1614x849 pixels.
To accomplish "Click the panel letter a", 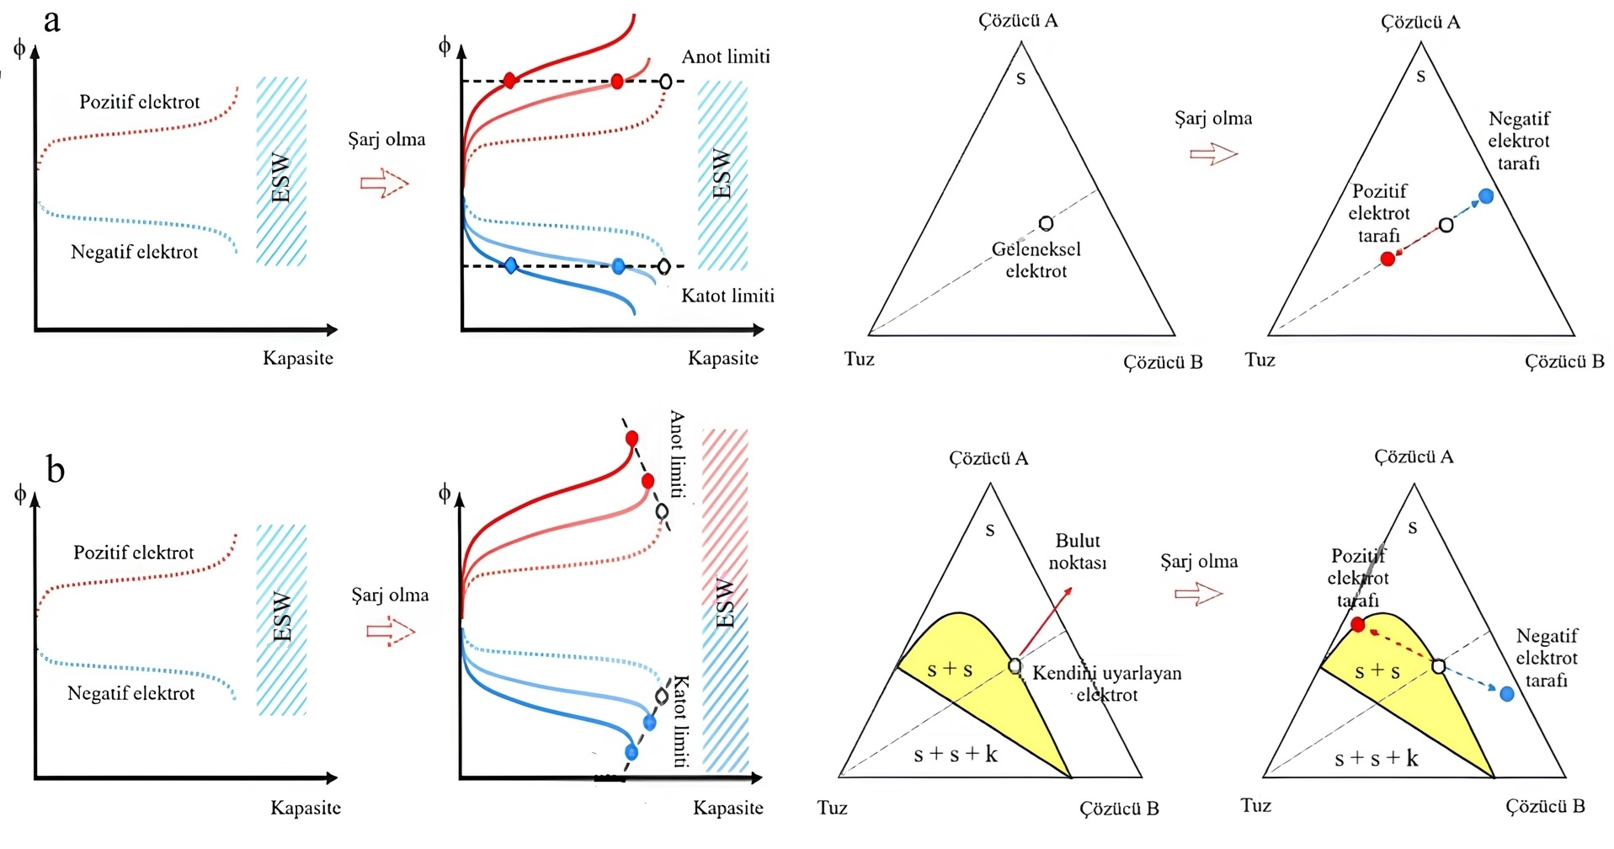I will (52, 21).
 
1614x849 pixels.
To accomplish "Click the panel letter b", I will (55, 469).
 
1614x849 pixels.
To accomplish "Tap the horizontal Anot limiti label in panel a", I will (725, 57).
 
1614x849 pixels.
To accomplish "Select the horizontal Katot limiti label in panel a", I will (727, 296).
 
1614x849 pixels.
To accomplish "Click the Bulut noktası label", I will (1077, 552).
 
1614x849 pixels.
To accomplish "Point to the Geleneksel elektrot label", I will (1036, 260).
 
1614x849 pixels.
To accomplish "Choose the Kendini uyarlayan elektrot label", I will (1106, 684).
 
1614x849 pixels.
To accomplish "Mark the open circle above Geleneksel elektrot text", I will (1046, 223).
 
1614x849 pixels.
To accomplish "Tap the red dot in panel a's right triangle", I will (1388, 259).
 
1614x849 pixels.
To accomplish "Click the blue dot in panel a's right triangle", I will (1486, 196).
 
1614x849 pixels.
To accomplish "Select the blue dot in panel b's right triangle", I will (1507, 694).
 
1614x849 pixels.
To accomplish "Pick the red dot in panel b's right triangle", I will (1357, 624).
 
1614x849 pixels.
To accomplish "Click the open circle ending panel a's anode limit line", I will (666, 82).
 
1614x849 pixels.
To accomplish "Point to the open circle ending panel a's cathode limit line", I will (663, 266).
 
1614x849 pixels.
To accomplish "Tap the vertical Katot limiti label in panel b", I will (680, 721).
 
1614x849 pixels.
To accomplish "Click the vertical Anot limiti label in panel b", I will (677, 454).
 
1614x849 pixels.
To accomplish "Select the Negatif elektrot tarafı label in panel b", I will (1546, 658).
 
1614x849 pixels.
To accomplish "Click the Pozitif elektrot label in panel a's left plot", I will (140, 102).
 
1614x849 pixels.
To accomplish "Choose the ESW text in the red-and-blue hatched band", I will (724, 601).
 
